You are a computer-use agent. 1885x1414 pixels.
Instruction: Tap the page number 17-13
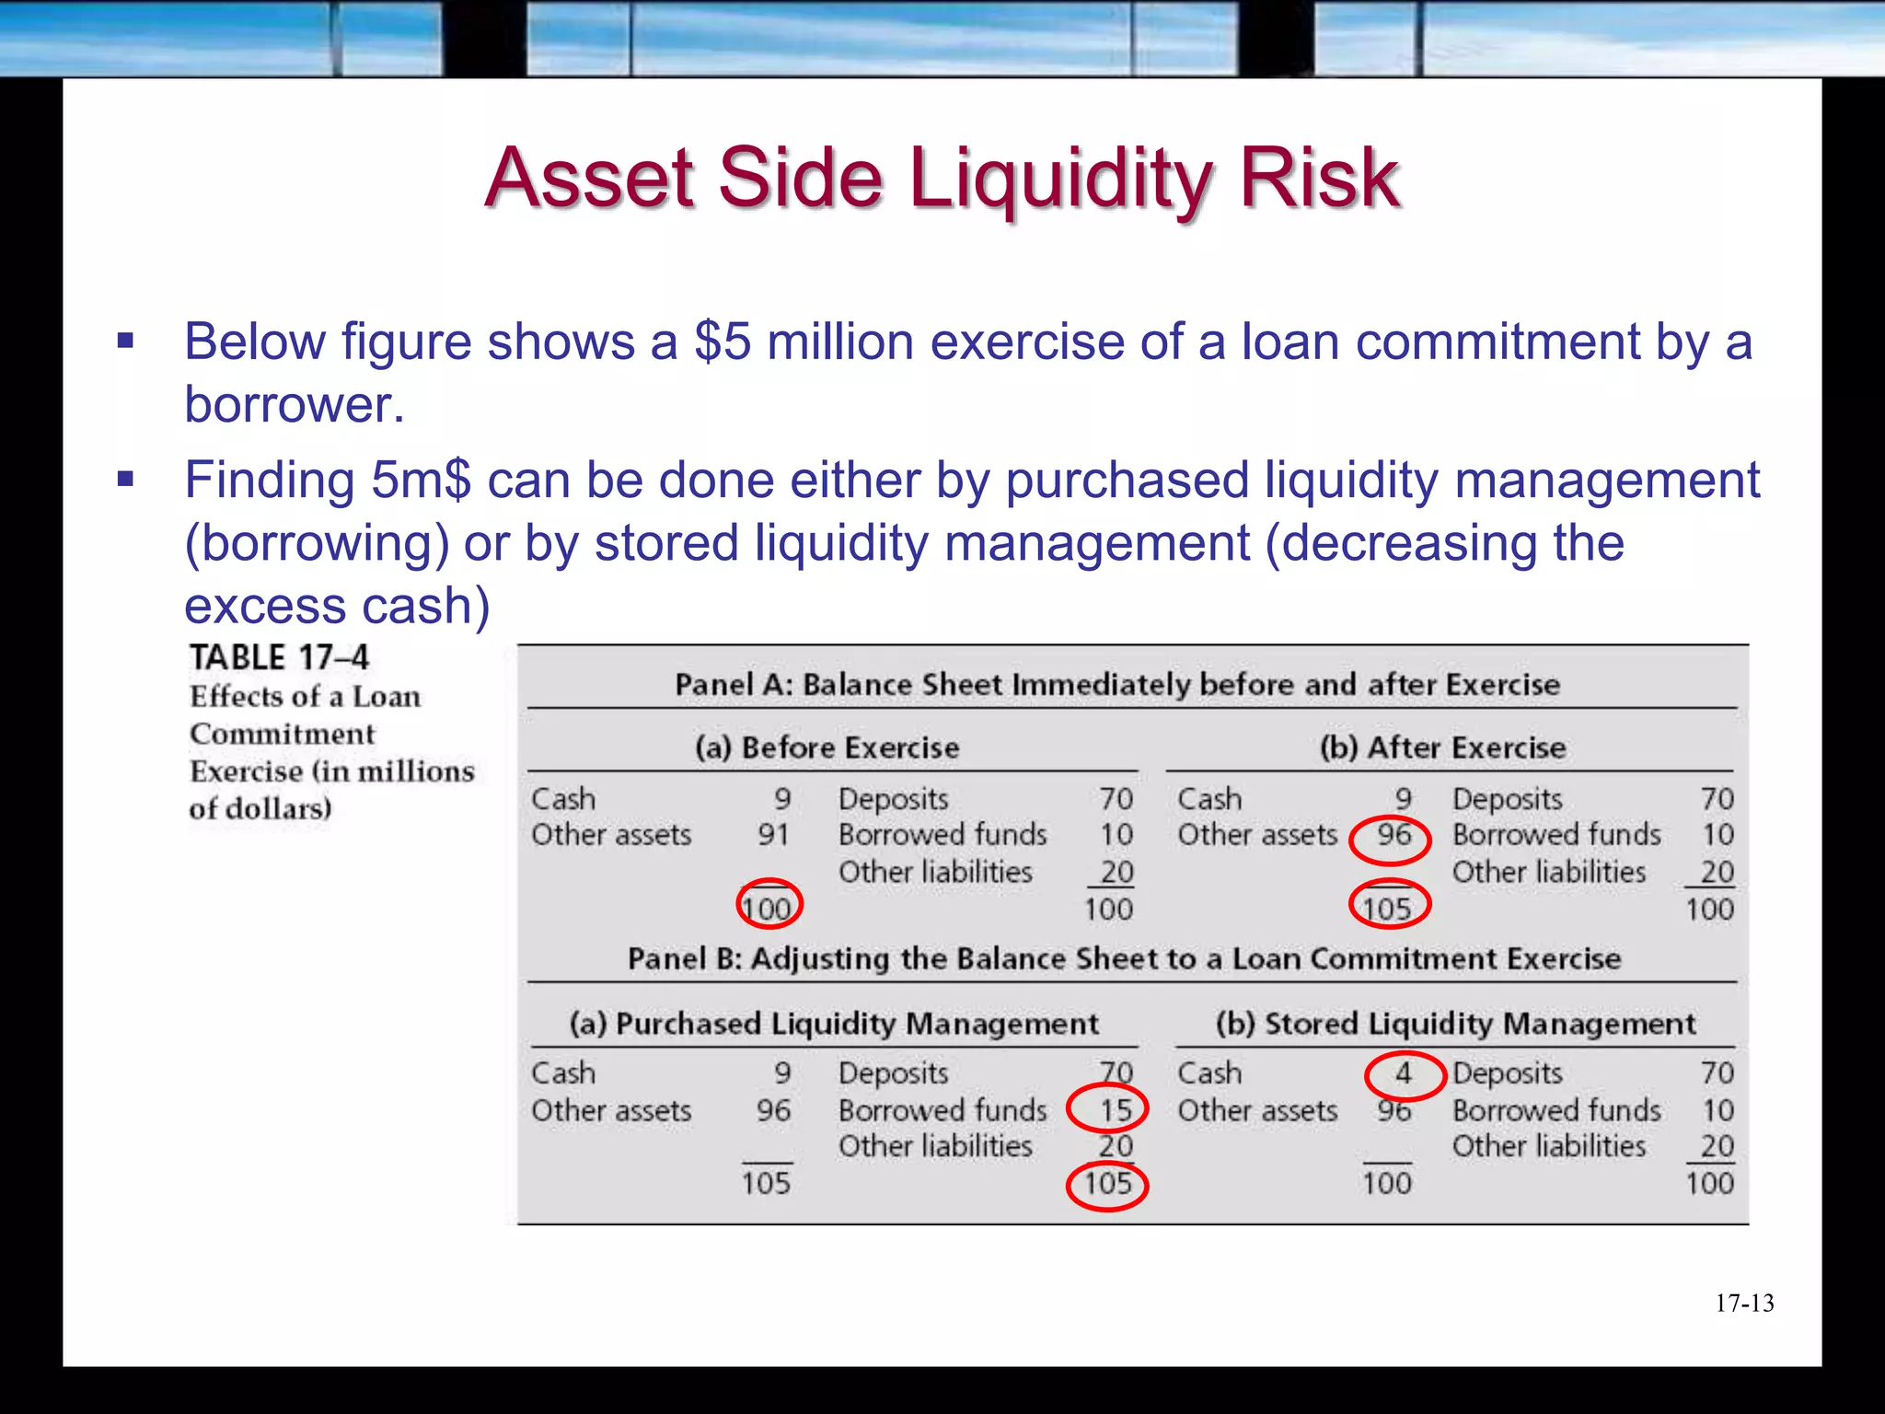click(x=1744, y=1303)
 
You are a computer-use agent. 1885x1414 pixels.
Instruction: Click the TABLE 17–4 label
click(x=279, y=657)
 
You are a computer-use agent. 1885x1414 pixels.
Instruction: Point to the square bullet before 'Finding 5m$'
click(x=126, y=479)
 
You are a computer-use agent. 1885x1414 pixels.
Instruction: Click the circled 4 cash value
click(x=1404, y=1073)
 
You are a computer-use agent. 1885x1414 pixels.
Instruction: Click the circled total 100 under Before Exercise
click(x=768, y=909)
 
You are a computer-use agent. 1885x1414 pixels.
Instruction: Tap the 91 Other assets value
click(x=773, y=835)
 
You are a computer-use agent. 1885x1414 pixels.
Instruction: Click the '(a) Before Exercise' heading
click(x=827, y=748)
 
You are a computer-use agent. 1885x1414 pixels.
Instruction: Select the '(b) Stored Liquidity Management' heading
click(x=1455, y=1024)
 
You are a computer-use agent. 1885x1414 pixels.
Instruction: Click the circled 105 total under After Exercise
click(x=1388, y=909)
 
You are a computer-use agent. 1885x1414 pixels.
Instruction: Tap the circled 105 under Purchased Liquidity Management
click(x=1107, y=1183)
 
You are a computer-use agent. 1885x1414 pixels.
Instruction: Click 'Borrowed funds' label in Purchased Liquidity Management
click(x=942, y=1110)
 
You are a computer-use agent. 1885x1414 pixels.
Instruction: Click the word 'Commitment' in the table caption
click(x=283, y=735)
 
